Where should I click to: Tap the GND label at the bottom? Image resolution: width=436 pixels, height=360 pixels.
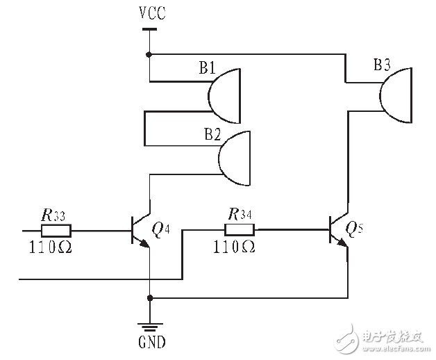point(151,343)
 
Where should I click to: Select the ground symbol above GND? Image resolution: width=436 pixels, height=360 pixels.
point(150,323)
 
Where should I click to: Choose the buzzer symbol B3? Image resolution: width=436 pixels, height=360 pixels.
point(396,90)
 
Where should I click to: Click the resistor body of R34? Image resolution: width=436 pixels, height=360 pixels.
point(240,230)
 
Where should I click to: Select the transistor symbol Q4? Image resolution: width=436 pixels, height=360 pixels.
point(141,231)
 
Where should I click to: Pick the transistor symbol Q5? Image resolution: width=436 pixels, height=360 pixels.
point(338,231)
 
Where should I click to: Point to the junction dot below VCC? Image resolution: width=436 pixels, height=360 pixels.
point(149,54)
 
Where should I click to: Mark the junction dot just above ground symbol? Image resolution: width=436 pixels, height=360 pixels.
point(150,298)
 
